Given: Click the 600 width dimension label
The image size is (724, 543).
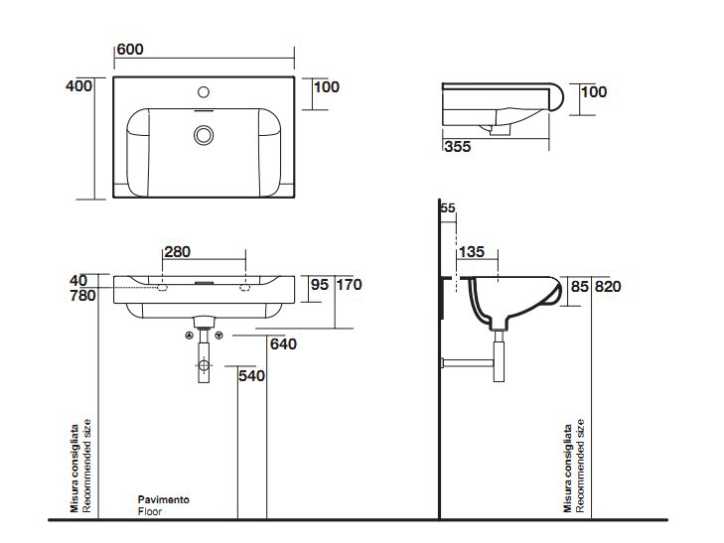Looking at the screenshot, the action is [130, 49].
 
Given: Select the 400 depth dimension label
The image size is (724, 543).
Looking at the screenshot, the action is [79, 85].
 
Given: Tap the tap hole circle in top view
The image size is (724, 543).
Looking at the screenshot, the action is [204, 92].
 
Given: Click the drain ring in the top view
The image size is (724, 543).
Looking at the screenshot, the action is [204, 135].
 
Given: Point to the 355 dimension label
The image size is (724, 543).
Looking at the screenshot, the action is [458, 146].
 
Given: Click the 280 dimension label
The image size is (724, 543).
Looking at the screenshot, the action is [178, 251].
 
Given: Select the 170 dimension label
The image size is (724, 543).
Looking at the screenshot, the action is [349, 285].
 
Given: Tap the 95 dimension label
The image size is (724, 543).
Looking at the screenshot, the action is [320, 285].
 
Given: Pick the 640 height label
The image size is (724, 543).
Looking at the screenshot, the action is [283, 343].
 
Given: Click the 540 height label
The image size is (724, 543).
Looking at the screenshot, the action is [251, 376].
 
